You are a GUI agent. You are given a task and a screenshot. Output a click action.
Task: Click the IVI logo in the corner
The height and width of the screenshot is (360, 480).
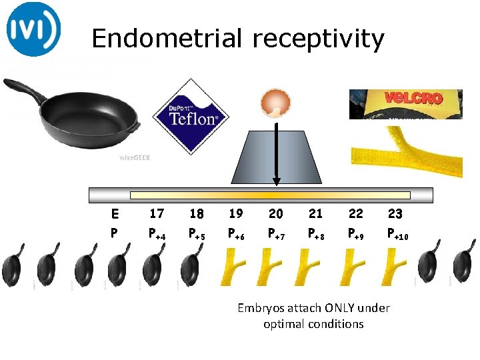point(34,29)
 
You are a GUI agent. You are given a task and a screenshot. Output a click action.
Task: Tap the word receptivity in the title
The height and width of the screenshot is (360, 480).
point(318,40)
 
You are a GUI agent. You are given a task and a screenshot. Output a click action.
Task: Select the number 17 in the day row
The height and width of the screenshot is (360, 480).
point(157,214)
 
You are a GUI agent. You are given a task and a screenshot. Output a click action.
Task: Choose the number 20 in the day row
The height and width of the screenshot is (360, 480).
point(275,214)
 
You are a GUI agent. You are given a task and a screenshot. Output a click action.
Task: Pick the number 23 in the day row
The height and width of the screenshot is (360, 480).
point(395,214)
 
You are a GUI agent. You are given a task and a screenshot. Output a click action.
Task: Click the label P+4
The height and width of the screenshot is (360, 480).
point(157,234)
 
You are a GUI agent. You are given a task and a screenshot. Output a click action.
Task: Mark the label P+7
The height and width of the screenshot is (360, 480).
point(276,234)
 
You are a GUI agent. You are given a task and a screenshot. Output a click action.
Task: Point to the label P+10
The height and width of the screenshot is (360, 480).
point(399,234)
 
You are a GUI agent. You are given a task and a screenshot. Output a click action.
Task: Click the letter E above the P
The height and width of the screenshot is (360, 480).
point(115,215)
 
